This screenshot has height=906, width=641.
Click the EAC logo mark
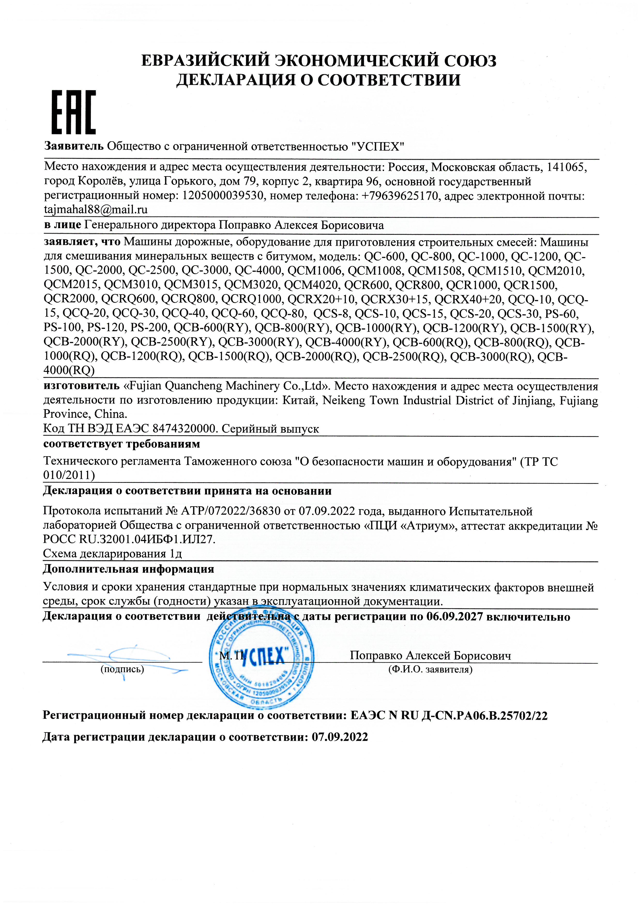tap(74, 112)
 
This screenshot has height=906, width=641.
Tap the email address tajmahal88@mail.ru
tap(96, 210)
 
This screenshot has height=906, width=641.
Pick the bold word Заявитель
tap(74, 146)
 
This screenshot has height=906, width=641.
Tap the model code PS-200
tap(150, 328)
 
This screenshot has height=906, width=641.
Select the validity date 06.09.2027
tap(455, 616)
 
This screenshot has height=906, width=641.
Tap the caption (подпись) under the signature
tap(122, 669)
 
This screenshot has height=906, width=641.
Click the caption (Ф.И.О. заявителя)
tap(430, 669)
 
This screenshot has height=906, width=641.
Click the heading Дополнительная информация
tap(128, 569)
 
